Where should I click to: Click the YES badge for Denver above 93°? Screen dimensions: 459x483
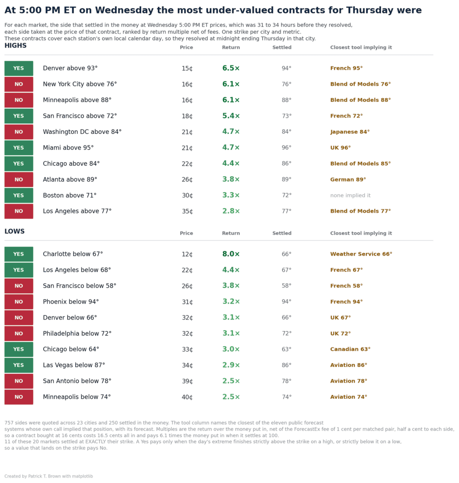18,68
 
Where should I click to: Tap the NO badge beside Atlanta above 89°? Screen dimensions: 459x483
18,179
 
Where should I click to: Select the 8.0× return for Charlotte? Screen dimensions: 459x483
231,254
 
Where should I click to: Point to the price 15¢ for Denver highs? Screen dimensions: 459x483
187,68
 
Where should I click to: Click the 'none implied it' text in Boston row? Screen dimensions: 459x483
350,195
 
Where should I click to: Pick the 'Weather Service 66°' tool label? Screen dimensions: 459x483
361,254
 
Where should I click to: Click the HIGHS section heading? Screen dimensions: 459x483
15,45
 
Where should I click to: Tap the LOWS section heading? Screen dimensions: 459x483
15,231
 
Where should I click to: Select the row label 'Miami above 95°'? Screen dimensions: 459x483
68,148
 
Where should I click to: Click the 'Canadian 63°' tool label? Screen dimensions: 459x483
350,349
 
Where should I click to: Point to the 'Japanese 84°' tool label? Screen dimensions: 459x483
350,132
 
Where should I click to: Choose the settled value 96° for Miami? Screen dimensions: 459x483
286,148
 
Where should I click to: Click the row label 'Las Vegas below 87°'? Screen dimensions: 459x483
74,365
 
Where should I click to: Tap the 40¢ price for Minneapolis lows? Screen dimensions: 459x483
187,397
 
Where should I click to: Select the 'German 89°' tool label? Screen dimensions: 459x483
348,179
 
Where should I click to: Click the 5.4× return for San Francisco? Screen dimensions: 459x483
231,116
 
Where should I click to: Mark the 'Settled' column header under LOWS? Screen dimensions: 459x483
282,233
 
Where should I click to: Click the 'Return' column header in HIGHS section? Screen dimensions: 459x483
231,48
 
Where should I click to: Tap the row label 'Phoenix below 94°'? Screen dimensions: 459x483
71,302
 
